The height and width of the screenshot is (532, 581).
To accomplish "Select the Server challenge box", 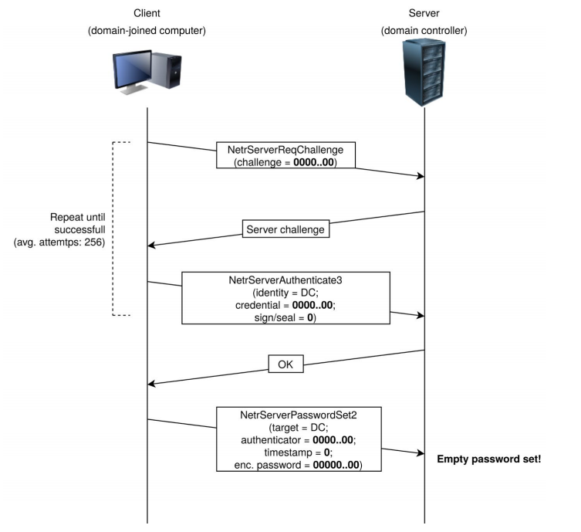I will (285, 229).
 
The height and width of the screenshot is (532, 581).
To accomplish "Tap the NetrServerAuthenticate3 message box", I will (285, 297).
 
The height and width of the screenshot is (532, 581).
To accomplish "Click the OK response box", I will (285, 363).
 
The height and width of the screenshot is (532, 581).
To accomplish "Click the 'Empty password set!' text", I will (489, 459).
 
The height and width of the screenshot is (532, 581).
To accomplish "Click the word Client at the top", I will (147, 13).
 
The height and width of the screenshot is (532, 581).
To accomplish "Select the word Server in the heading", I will (424, 13).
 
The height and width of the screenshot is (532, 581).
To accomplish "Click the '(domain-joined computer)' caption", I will (147, 30).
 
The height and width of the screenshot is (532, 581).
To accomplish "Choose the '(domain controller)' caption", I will (424, 30).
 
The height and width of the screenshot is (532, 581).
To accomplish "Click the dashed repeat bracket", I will (113, 229).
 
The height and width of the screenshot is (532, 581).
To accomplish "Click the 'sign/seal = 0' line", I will (285, 317).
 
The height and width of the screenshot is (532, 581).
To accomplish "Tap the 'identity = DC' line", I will (285, 292).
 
